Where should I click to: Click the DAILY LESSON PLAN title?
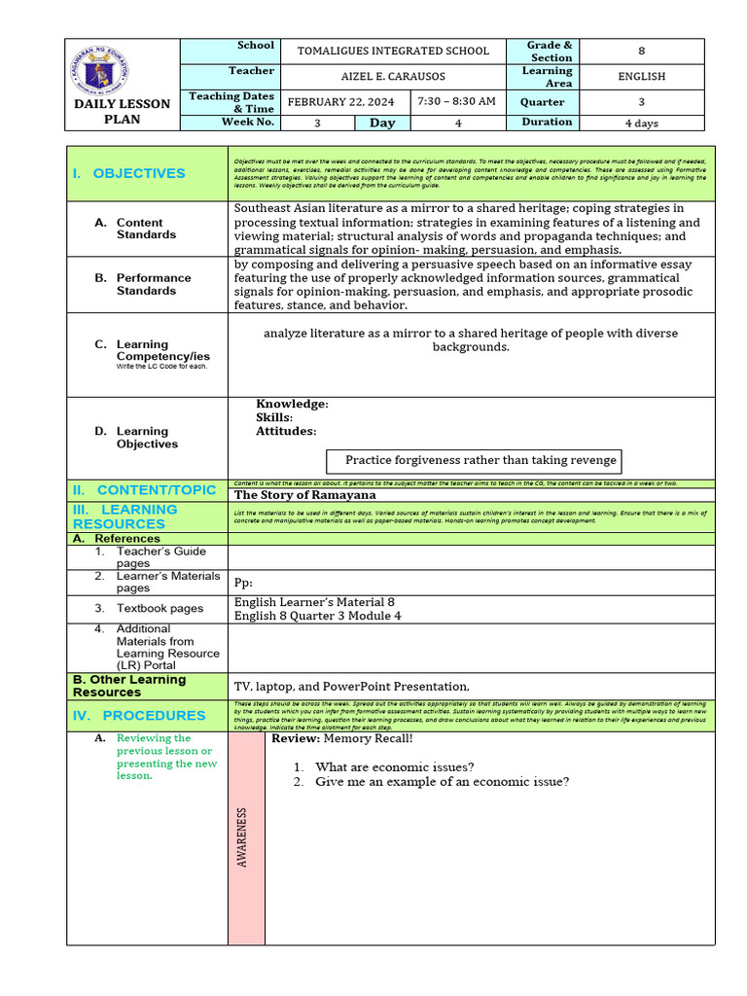pos(123,112)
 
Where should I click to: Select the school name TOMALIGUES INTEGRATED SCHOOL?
pos(393,51)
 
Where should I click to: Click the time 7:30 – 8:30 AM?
pos(456,101)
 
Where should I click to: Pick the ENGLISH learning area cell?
pos(642,76)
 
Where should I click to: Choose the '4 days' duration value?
pos(642,123)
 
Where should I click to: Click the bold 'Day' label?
pos(382,123)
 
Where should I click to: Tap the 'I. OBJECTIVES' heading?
pos(128,173)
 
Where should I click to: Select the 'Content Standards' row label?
pos(146,229)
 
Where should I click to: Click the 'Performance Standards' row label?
pos(154,284)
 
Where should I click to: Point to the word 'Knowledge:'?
pos(292,404)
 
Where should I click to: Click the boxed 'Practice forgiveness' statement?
pos(480,460)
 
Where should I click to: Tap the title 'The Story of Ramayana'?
pos(304,495)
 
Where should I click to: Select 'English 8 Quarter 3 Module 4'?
pos(317,616)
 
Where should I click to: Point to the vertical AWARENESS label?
pos(242,836)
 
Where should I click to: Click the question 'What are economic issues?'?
pos(395,766)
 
